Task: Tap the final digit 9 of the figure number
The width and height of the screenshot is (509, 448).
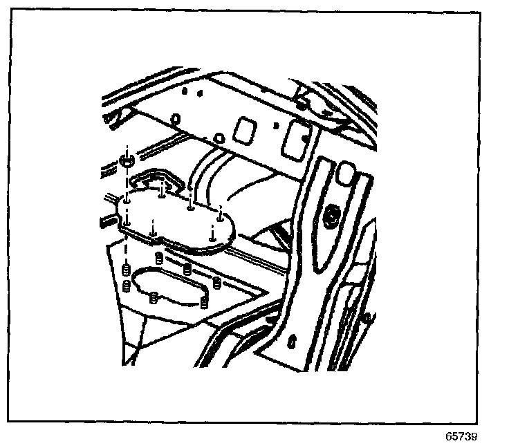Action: click(473, 438)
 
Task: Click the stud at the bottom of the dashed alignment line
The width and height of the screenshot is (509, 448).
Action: click(126, 268)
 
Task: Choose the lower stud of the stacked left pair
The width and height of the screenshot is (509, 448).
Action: click(126, 285)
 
